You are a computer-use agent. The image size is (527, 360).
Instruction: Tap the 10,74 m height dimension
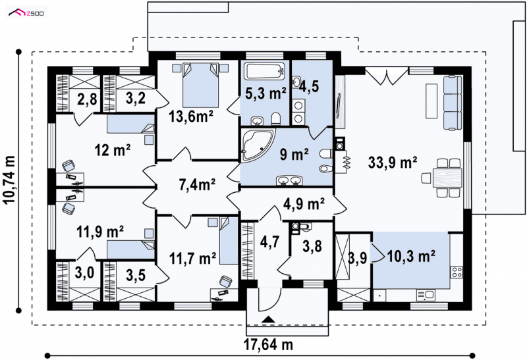pos(10,180)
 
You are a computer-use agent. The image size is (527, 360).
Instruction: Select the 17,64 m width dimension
pos(268,344)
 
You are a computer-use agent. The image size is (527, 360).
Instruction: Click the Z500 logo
pos(26,13)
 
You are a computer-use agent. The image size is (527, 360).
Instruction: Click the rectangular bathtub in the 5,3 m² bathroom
pos(265,71)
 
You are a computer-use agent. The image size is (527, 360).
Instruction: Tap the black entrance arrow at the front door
pos(268,319)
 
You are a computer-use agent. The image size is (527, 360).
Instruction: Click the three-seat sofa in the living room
pos(453,103)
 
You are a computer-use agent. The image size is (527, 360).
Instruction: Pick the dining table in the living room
pos(447,178)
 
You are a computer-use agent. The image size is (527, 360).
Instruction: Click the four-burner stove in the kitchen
pos(457,272)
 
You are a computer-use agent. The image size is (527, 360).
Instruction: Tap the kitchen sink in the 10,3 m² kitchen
pos(426,296)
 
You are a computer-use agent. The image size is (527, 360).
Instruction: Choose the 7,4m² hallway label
pos(197,184)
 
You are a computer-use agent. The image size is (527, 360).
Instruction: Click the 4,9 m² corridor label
pos(304,203)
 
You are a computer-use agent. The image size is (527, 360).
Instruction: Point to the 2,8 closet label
pos(87,99)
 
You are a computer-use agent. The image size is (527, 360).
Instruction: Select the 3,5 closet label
pos(136,275)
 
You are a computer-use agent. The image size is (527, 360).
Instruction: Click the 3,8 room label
pos(312,246)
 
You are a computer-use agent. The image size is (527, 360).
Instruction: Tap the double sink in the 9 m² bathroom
pos(289,181)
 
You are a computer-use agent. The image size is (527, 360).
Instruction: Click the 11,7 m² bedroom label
pos(192,259)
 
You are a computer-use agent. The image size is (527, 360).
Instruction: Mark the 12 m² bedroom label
pos(112,150)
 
